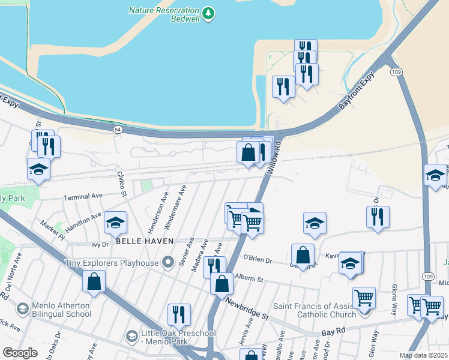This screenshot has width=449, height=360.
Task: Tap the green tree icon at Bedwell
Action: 208,13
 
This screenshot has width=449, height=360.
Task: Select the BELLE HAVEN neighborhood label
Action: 145,241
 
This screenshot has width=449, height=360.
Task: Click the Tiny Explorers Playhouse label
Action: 112,262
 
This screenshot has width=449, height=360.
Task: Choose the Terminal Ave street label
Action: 83,196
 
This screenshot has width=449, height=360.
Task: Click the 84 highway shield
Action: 117,129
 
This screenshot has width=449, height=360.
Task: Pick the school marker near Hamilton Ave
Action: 115,223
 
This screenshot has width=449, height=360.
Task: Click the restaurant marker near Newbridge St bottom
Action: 179,314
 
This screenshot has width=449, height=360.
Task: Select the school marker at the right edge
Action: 435,175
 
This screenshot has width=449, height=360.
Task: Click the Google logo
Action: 20,353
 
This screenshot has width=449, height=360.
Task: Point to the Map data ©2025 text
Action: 423,355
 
